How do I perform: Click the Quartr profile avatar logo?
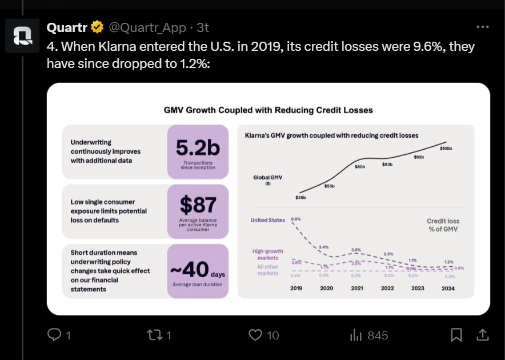[x=24, y=37]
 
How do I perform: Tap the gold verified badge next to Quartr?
[x=98, y=27]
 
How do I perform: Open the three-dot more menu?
[x=483, y=27]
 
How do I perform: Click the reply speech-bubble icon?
[x=55, y=335]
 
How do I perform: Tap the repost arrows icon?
[x=155, y=335]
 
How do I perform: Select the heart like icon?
[x=256, y=335]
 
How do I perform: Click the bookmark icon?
[x=456, y=335]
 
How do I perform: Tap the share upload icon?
[x=482, y=335]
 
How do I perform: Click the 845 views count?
[x=378, y=335]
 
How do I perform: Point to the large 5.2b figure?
[x=198, y=148]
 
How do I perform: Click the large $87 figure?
[x=198, y=204]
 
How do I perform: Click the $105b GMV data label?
[x=446, y=149]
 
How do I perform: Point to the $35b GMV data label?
[x=300, y=198]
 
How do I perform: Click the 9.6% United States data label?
[x=296, y=219]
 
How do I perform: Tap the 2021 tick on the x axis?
[x=357, y=288]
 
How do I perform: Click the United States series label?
[x=267, y=221]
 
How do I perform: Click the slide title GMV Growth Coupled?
[x=268, y=110]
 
